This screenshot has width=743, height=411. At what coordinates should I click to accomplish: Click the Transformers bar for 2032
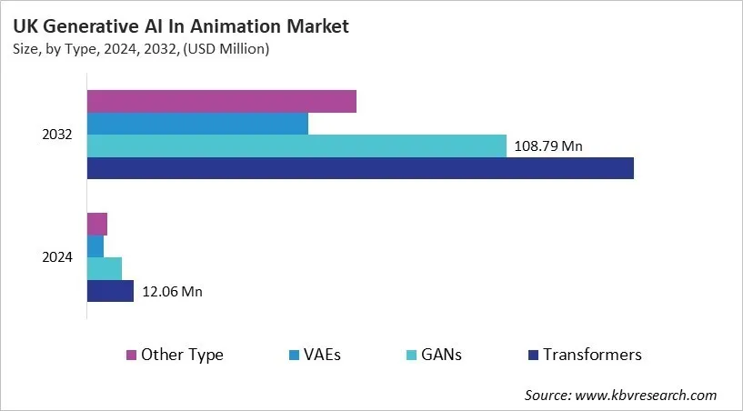pos(360,168)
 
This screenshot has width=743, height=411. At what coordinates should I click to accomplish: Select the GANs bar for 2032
pos(296,145)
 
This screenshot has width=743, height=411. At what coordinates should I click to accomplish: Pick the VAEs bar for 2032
pos(197,124)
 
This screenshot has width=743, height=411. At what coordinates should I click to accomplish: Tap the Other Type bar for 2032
pos(221,101)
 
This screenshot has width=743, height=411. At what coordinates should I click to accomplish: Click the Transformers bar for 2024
pos(110,291)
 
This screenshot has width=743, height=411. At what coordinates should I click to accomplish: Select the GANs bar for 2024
pos(105,268)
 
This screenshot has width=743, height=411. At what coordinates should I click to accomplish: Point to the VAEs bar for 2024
pos(95,246)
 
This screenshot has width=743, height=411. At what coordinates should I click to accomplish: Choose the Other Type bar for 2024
pos(97,224)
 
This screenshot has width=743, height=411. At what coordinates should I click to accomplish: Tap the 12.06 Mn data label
pos(172,291)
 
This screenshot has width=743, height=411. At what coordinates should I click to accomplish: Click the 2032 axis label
pos(57,135)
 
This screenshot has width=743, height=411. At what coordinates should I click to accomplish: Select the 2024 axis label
pos(57,257)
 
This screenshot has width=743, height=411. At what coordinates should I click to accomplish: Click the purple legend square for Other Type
pos(131,355)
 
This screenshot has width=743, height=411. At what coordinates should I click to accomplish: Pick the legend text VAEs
pos(322,355)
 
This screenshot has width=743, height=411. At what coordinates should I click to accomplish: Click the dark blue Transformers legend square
pos(534,355)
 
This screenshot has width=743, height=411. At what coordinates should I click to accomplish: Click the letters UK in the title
pos(25,27)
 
